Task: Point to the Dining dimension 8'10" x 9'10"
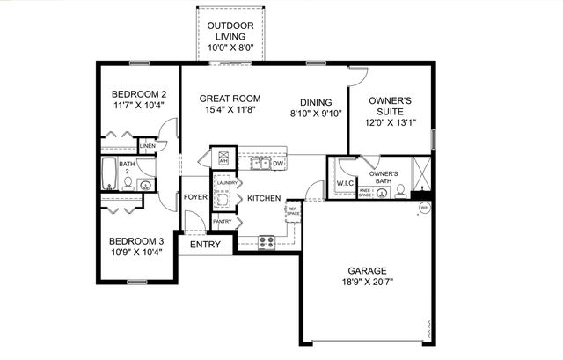tap(316, 113)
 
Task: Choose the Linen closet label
tap(147, 146)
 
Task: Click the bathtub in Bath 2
tap(109, 174)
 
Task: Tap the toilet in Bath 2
tap(128, 184)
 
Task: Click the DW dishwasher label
tap(278, 164)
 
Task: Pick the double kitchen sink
tap(260, 163)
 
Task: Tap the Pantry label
tap(223, 222)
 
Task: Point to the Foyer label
tap(195, 197)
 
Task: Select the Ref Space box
tap(293, 210)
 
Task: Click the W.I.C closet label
tap(343, 184)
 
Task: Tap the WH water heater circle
tap(424, 209)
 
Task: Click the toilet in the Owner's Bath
tap(401, 190)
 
